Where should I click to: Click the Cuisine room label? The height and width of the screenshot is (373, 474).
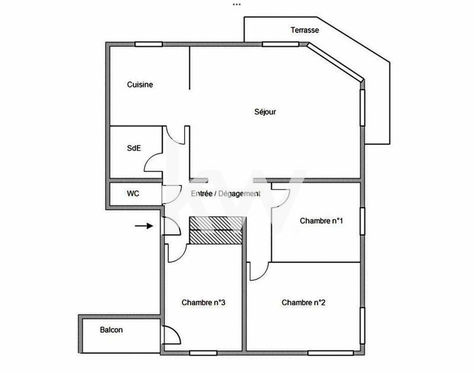140,85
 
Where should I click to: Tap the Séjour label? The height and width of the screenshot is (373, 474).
265,111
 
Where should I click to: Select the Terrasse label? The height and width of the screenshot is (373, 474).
305,30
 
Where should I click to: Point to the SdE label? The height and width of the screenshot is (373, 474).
134,149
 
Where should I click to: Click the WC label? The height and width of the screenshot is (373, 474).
133,194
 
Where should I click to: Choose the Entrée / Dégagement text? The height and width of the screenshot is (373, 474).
225,194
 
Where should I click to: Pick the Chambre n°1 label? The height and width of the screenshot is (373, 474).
322,221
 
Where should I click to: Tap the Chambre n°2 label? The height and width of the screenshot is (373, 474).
303,302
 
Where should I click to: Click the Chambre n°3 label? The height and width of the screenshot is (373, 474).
203,302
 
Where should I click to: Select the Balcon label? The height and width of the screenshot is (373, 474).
111,330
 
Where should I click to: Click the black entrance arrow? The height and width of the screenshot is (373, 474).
143,226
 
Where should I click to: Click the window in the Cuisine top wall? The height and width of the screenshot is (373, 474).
148,44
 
